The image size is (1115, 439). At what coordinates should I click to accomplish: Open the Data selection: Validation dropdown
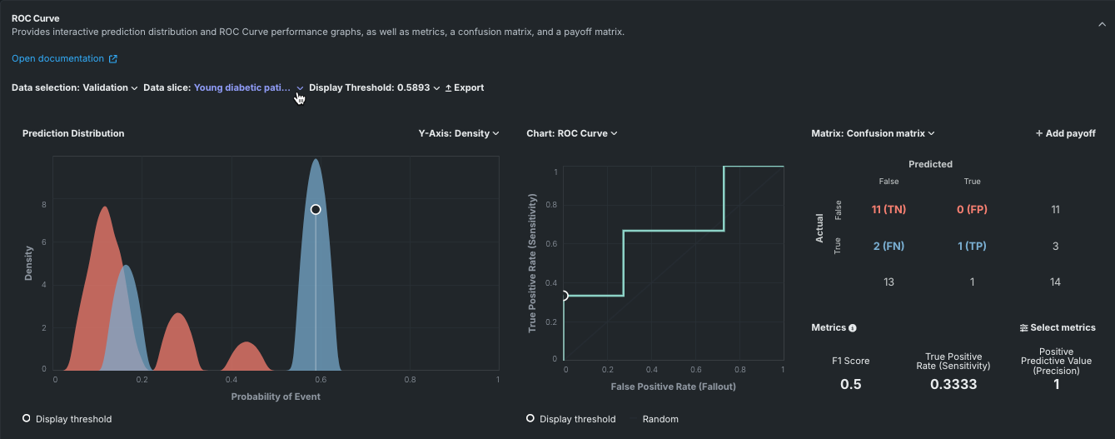pos(74,87)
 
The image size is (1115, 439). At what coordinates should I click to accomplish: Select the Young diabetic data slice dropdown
pos(248,87)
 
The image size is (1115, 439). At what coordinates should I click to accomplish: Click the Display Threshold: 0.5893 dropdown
pos(374,87)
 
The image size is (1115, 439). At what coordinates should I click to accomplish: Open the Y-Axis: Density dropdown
pos(458,133)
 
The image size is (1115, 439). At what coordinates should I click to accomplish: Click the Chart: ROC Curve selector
pos(572,133)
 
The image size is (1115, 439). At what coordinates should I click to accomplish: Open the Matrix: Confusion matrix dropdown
pos(873,133)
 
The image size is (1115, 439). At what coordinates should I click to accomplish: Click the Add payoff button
pos(1065,133)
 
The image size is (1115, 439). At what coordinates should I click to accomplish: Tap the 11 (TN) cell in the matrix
pos(889,209)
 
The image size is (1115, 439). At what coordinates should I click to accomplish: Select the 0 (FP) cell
pos(972,209)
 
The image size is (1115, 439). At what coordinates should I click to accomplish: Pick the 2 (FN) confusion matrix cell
pos(889,246)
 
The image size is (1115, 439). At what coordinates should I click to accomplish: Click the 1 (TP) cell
pos(972,246)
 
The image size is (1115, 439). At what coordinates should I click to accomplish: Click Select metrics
pos(1058,328)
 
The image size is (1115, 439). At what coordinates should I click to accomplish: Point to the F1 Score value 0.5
pos(851,384)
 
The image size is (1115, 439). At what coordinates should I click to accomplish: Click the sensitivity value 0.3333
pos(953,384)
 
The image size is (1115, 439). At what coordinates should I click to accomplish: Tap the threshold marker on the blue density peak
pos(316,210)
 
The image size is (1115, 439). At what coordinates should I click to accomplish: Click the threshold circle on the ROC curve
pos(564,296)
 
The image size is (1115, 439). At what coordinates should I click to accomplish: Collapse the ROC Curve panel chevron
pos(1102,25)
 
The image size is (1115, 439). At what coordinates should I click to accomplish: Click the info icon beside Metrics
pos(853,328)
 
